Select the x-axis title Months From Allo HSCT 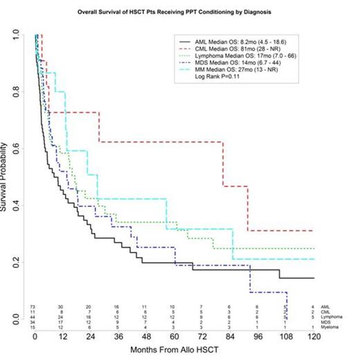173,352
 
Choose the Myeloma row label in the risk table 335,327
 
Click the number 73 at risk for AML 33,306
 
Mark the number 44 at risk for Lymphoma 33,316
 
